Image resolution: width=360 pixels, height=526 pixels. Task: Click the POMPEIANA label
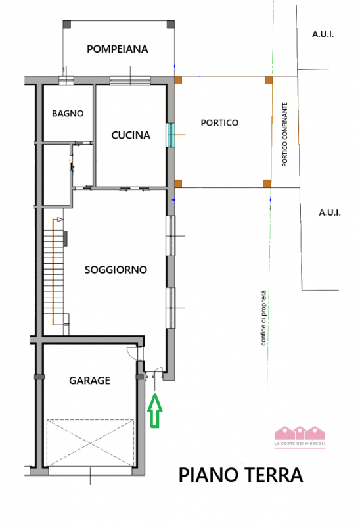pyautogui.click(x=118, y=49)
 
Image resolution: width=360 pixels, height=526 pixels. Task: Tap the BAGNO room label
pyautogui.click(x=68, y=113)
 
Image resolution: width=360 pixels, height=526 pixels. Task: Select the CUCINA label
pyautogui.click(x=131, y=135)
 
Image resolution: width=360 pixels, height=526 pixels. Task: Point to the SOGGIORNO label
pyautogui.click(x=116, y=270)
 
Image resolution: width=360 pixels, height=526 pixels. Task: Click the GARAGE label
pyautogui.click(x=89, y=380)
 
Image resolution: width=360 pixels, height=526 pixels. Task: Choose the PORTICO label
pyautogui.click(x=219, y=123)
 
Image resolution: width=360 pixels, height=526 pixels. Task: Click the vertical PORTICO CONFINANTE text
pyautogui.click(x=285, y=134)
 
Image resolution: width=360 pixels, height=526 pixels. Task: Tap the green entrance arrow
pyautogui.click(x=154, y=412)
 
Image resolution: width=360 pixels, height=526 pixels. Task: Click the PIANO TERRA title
pyautogui.click(x=241, y=475)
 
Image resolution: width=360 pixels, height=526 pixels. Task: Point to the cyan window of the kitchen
pyautogui.click(x=171, y=135)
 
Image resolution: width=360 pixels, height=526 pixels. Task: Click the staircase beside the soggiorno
pyautogui.click(x=56, y=273)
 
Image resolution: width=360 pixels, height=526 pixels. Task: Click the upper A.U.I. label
pyautogui.click(x=323, y=35)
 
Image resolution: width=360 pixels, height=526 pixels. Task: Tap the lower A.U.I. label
pyautogui.click(x=328, y=212)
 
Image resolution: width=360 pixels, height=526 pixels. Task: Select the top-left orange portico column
pyautogui.click(x=178, y=80)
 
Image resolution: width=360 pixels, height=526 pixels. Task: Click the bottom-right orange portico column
pyautogui.click(x=267, y=183)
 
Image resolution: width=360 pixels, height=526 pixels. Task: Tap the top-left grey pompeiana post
pyautogui.click(x=66, y=24)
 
